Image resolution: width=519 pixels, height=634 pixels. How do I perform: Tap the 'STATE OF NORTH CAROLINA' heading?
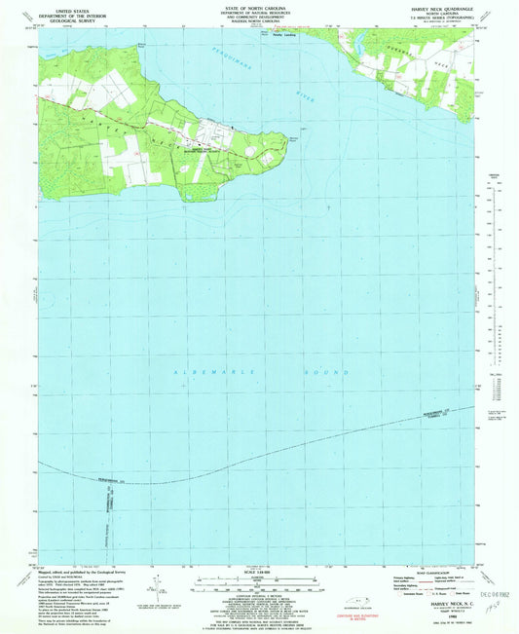pos(258,5)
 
